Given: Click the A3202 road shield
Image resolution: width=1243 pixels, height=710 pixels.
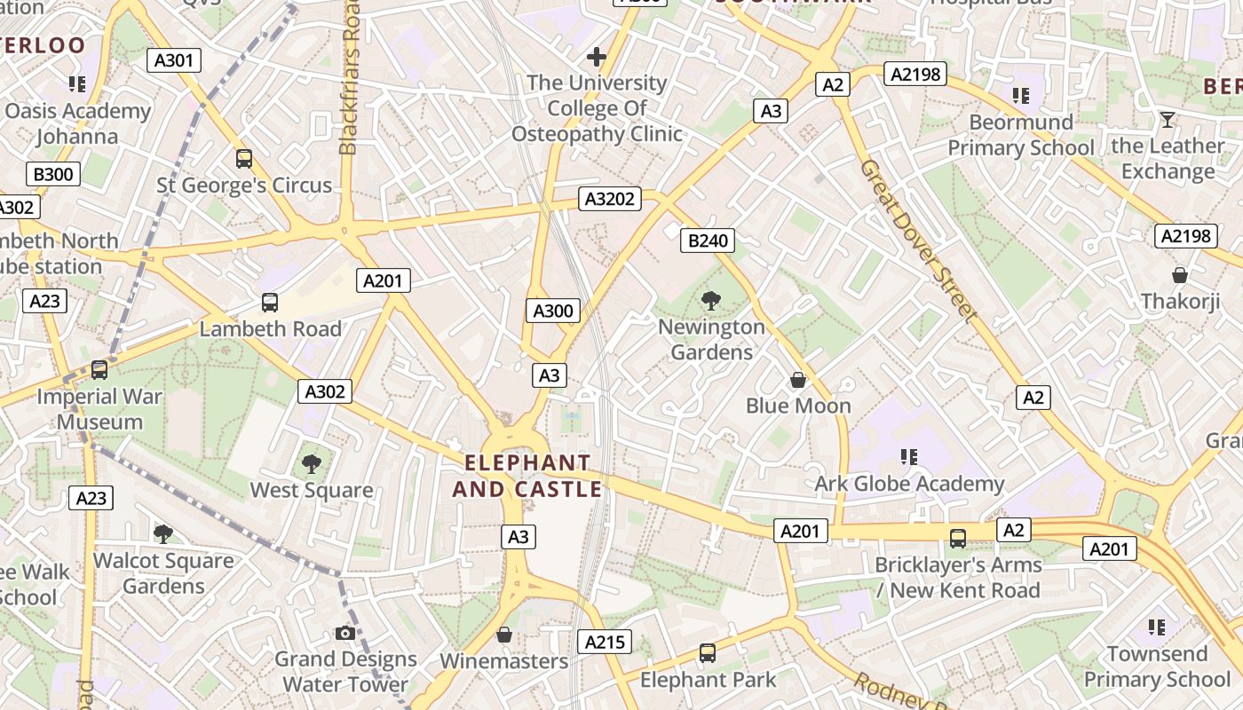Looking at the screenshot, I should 610,199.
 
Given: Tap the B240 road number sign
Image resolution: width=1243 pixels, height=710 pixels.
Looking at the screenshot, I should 708,241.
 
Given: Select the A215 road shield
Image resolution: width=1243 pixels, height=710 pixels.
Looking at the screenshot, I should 605,642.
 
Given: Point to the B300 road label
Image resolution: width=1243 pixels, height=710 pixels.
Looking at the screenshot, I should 52,174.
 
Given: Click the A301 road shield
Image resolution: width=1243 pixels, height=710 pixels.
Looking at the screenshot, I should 173,60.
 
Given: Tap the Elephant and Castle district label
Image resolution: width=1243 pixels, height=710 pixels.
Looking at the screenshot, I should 527,477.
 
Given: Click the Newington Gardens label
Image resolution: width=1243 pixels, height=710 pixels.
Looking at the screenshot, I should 711,340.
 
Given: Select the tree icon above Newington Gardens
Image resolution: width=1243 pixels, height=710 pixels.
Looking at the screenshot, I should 711,301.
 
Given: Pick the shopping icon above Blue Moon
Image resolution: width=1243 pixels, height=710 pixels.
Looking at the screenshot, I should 798,380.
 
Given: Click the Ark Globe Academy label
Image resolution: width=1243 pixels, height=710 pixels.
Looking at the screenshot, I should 909,484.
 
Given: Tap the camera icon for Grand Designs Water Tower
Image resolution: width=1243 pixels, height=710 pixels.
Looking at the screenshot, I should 345,633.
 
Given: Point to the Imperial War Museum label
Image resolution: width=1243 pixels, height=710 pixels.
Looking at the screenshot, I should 99,409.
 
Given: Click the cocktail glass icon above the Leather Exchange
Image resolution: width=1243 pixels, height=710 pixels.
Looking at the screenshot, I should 1167,120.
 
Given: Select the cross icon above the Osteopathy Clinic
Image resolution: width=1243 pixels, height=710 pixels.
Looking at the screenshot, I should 597,57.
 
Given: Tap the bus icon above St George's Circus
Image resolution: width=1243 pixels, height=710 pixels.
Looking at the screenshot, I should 244,159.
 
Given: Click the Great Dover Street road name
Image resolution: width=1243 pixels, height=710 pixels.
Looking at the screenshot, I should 918,241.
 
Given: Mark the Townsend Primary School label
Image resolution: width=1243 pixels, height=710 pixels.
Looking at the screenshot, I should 1157,667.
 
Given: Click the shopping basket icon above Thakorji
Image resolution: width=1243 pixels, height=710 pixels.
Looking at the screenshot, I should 1180,275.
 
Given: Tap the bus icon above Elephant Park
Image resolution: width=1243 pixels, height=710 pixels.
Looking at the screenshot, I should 708,653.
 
